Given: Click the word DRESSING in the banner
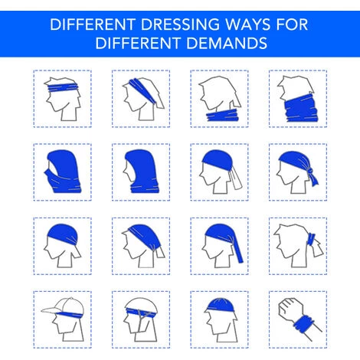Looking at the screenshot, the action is pos(180,25).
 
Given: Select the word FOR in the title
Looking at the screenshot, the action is pos(292,25).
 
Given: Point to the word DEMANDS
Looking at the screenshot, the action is pos(227,43).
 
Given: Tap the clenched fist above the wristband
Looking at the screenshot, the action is pos(290,309).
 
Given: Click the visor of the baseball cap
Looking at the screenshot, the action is pos(51,310).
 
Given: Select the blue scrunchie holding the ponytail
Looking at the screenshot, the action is pos(311,239).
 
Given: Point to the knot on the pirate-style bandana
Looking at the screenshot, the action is pos(309,170).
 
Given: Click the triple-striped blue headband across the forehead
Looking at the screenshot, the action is pos(63,88).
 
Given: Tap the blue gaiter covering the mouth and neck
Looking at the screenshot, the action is pos(301,108).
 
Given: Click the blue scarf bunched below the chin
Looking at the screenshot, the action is pos(222,115).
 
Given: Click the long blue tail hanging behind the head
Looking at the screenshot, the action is pos(238,251).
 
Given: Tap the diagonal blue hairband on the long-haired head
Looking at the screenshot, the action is pos(142,90).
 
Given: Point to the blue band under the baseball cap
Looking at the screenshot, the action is pos(70,315).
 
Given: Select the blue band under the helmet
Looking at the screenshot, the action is pos(141,313).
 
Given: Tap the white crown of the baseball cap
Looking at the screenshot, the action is pos(71,305).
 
